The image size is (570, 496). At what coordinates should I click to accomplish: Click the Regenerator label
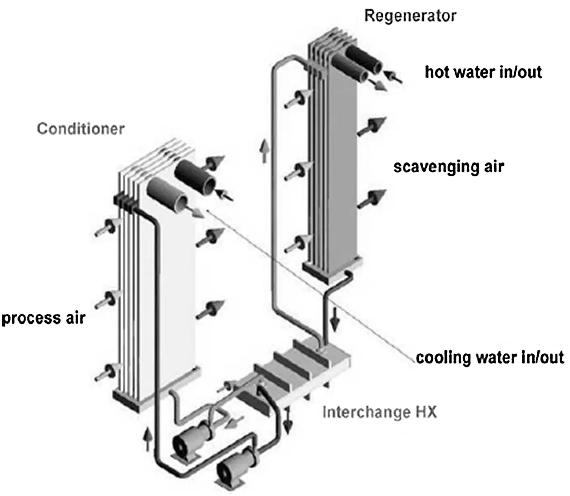tap(410, 16)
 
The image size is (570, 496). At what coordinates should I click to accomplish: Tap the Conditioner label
tap(80, 129)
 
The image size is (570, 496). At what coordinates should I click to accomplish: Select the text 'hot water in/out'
tap(483, 72)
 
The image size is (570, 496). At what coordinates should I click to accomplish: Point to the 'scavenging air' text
tap(449, 167)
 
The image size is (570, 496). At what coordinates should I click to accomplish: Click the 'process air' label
tap(44, 317)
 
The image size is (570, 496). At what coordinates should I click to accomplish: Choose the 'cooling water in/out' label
tap(490, 357)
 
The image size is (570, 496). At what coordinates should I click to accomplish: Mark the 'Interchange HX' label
tap(379, 412)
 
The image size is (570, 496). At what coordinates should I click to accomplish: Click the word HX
tap(425, 412)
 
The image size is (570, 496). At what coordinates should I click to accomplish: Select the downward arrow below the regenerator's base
tap(335, 323)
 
